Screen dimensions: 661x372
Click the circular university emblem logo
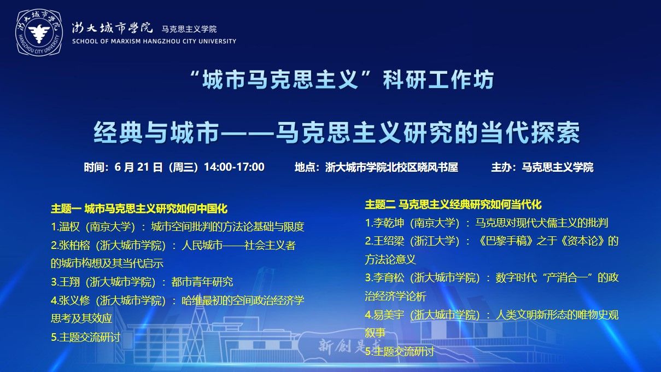[x=39, y=32]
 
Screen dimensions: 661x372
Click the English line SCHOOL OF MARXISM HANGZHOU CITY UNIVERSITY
[x=154, y=42]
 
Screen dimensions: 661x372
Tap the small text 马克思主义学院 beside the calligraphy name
[x=189, y=29]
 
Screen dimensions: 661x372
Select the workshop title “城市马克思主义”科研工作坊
[x=342, y=79]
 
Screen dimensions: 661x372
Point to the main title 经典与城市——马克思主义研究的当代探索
[x=337, y=133]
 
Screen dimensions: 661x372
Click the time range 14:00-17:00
[x=235, y=167]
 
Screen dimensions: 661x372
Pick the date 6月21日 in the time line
[x=138, y=167]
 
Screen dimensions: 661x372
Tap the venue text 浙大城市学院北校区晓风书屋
[x=391, y=167]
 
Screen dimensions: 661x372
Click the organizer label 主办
[x=501, y=167]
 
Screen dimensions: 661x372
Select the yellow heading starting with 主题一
[x=139, y=209]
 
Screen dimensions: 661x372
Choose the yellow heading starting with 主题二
[x=453, y=205]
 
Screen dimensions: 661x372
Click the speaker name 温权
[x=69, y=226]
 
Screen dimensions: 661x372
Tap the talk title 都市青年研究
[x=202, y=282]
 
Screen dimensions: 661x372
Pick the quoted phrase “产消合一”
[x=567, y=278]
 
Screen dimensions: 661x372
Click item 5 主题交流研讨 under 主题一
[x=86, y=337]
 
